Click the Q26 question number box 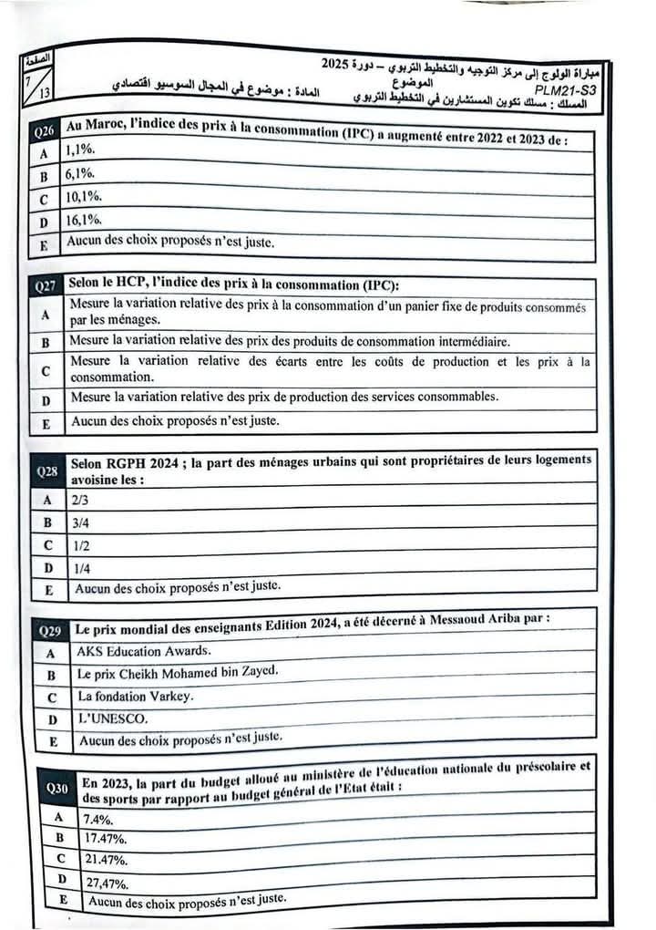(44, 133)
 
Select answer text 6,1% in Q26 (79, 173)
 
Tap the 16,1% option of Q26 (83, 220)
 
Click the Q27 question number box (46, 286)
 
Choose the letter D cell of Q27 (46, 399)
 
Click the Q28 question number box (47, 472)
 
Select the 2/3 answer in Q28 (80, 500)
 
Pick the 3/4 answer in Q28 (80, 522)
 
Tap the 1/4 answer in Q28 (81, 567)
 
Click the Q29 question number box (50, 630)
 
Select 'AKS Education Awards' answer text (143, 651)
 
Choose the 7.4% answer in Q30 (98, 818)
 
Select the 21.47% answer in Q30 (106, 860)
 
